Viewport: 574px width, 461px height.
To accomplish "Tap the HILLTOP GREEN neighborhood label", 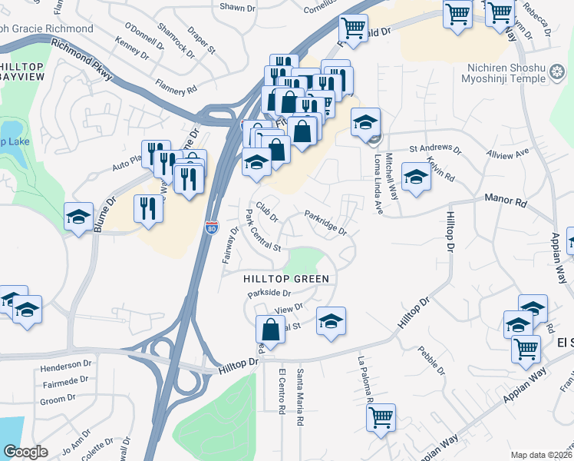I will [x=286, y=279].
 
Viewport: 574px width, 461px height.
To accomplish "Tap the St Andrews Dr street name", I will [x=434, y=148].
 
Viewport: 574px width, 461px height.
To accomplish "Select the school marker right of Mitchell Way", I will [x=416, y=178].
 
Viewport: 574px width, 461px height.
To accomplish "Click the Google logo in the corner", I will [x=25, y=452].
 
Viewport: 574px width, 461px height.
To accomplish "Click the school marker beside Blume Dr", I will [x=78, y=217].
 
